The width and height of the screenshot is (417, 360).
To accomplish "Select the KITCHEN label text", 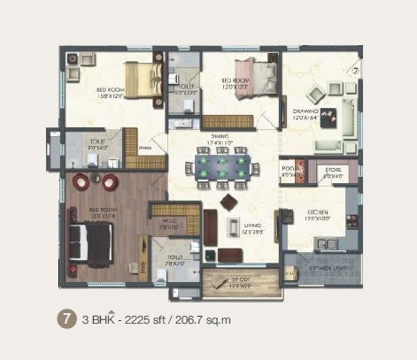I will coord(317,212).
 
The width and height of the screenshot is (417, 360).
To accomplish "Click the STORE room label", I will coord(333,171).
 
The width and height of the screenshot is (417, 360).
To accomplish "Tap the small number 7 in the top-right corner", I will coord(355,68).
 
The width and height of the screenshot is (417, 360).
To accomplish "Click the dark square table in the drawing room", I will coord(328,114).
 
